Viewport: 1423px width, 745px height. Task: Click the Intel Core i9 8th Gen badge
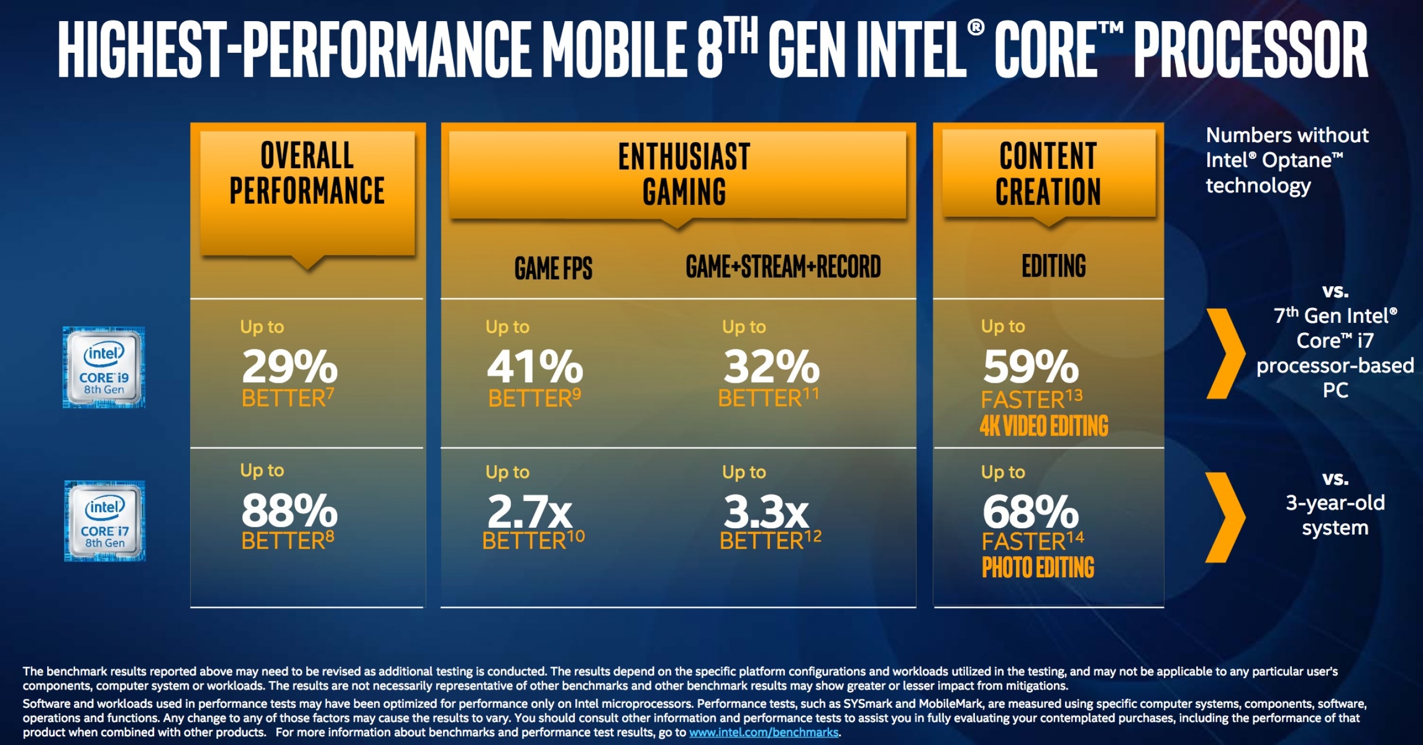(104, 368)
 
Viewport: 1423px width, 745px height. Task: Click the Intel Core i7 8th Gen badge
(105, 521)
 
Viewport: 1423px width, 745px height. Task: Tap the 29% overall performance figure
(290, 367)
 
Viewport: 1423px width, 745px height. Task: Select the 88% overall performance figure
(290, 511)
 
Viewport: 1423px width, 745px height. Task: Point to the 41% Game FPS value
(535, 367)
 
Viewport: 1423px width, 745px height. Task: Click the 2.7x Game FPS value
(529, 512)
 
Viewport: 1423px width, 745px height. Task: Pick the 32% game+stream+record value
(772, 367)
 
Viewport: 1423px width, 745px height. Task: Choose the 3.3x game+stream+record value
(766, 512)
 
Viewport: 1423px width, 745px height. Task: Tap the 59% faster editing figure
(1031, 367)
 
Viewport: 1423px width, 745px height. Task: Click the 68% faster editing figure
(1031, 512)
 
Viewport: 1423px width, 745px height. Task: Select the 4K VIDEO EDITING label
(1044, 426)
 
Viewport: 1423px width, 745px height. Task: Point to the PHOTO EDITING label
(1038, 568)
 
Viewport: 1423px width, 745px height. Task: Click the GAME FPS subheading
(553, 268)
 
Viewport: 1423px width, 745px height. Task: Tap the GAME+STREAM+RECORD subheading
(783, 267)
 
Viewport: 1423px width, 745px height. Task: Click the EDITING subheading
(1053, 266)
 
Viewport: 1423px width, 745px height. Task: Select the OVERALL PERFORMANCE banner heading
(307, 173)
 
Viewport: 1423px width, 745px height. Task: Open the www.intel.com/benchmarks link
(764, 733)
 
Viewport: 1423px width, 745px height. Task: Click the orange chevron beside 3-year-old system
(1225, 517)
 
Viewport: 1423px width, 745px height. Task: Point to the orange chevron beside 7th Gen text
(1225, 354)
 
